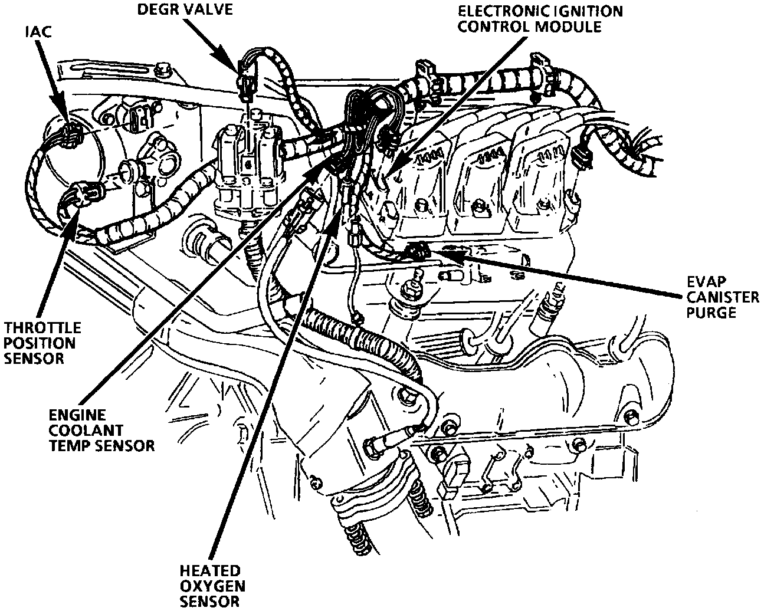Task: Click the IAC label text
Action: [x=37, y=31]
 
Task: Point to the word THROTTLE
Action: [x=42, y=327]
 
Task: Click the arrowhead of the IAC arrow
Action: [x=63, y=116]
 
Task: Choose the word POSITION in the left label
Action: [x=40, y=343]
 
